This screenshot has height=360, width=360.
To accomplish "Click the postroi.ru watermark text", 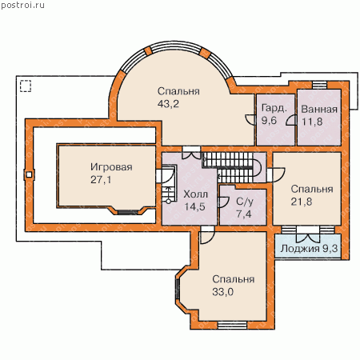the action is click(x=22, y=6).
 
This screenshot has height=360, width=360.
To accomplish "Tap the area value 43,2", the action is click(x=168, y=104).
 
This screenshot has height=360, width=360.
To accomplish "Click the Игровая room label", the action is click(x=111, y=167).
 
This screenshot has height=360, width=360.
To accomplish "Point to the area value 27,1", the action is click(x=101, y=180).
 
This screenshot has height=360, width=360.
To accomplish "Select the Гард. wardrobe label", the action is click(x=274, y=108).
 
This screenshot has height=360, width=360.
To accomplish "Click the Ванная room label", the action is click(x=319, y=110).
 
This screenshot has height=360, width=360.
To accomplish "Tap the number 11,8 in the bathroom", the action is click(x=312, y=122).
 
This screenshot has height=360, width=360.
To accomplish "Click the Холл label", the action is click(x=195, y=194).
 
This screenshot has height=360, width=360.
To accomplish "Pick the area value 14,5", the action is click(x=194, y=206).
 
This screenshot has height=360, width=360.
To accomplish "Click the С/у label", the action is click(x=245, y=202).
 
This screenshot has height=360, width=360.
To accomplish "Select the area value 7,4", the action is click(x=243, y=214).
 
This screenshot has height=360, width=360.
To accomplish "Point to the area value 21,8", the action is click(x=302, y=202).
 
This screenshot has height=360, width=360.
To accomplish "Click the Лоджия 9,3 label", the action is click(x=309, y=249).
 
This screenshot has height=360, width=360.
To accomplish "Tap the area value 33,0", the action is click(x=223, y=292).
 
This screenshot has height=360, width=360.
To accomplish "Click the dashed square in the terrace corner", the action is click(x=26, y=86).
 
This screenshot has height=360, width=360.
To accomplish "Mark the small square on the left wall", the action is click(x=29, y=175).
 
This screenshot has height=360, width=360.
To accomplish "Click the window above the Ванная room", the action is click(x=319, y=85).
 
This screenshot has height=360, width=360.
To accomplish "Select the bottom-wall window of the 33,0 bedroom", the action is click(x=232, y=326).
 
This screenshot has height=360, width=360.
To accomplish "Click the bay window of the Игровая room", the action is click(x=128, y=213).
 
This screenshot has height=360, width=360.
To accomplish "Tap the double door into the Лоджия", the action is click(x=308, y=234).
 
